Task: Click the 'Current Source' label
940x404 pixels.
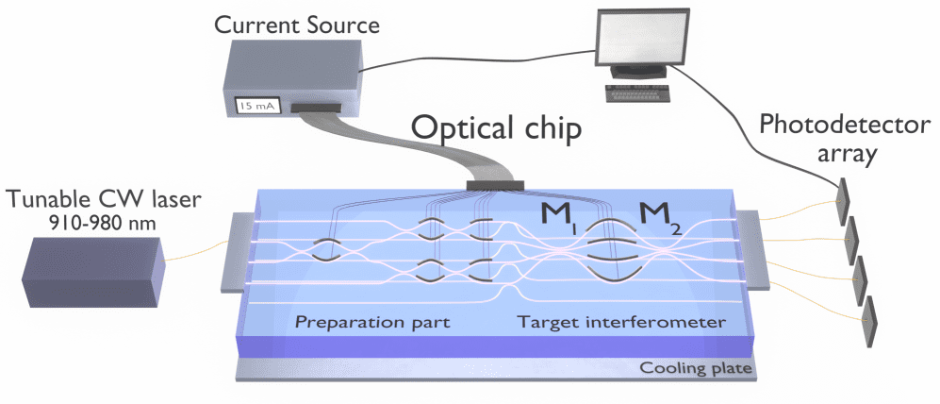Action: [x=297, y=25]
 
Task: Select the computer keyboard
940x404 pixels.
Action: [x=638, y=93]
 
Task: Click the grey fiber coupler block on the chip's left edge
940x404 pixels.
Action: [x=235, y=254]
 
